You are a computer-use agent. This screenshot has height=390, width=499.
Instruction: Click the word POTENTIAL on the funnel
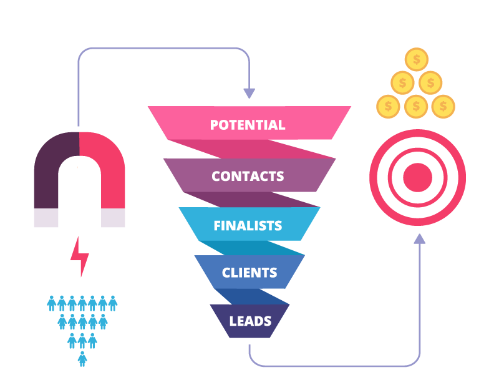(248, 125)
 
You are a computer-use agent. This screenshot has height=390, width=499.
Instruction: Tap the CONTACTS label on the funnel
(248, 177)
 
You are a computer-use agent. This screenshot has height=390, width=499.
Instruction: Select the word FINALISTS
(248, 226)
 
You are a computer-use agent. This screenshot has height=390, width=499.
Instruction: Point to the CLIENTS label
(249, 273)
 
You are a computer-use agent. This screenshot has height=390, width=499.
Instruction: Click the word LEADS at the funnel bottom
(250, 321)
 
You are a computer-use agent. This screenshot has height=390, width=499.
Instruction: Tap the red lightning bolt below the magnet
(80, 256)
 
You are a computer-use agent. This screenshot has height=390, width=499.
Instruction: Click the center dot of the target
(417, 178)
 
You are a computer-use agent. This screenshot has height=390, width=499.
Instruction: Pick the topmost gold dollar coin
(416, 60)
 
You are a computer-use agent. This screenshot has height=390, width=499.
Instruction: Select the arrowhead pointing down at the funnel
(249, 93)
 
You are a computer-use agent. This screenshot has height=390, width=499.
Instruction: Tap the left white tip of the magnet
(46, 218)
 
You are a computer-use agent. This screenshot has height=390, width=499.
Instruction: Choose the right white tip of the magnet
(113, 218)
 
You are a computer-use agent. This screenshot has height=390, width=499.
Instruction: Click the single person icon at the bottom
(82, 359)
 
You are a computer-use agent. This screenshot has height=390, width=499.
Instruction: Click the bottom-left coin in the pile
(389, 106)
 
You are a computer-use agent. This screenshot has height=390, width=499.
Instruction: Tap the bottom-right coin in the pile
(443, 106)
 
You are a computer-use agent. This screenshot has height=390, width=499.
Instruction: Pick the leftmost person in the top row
(52, 303)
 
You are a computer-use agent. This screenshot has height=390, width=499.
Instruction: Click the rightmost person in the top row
(113, 303)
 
